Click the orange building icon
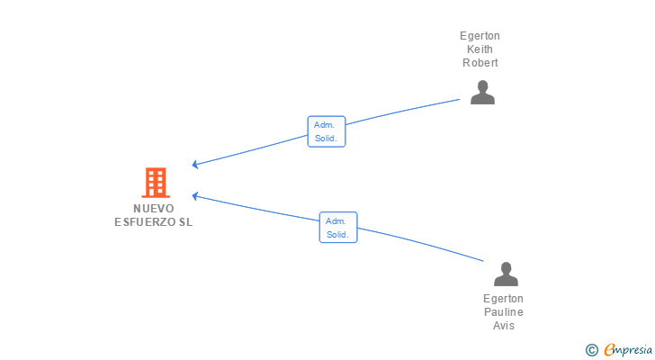[156, 183]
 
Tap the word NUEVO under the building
[154, 209]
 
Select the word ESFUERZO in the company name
[145, 221]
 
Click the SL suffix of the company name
[186, 221]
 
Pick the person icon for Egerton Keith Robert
[482, 93]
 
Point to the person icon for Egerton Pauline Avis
[506, 274]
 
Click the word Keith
[480, 49]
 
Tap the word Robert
[480, 63]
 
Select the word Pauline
[503, 312]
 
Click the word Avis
[503, 325]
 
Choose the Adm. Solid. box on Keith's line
[327, 131]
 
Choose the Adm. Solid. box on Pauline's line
[338, 227]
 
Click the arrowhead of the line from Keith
[194, 164]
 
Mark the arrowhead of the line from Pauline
[194, 196]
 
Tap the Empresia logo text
[628, 350]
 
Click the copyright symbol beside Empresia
[591, 350]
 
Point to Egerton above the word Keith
[480, 36]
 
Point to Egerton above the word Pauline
[503, 299]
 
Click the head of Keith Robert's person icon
[482, 86]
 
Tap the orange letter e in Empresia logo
[609, 349]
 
